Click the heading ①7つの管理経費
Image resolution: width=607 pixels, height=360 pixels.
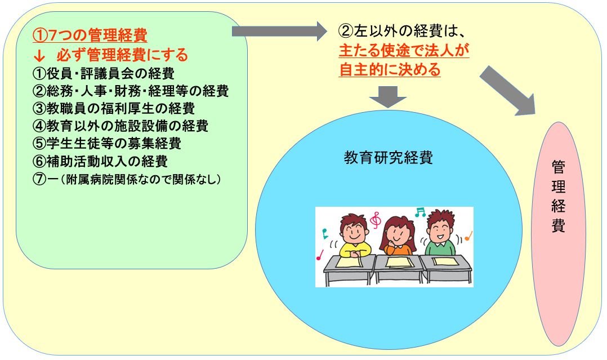pos(90,35)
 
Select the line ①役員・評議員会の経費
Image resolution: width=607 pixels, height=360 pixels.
pos(104,73)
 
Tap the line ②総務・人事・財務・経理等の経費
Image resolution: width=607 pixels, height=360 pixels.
pos(131,91)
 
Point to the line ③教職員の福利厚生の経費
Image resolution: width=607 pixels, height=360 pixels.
pos(113,108)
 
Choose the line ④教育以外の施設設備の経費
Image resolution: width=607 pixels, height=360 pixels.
pos(120,126)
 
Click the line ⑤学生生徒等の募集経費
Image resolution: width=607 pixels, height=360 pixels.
pos(107,143)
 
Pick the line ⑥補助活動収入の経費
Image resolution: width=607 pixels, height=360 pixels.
pos(100,161)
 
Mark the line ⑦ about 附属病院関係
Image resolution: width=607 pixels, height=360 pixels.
pos(127,179)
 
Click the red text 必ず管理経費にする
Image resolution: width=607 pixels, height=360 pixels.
pos(122,55)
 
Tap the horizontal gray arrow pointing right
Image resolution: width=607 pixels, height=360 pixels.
pos(279,31)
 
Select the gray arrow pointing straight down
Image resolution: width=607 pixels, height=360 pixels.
pos(388,96)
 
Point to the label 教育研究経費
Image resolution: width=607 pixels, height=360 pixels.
pos(389,157)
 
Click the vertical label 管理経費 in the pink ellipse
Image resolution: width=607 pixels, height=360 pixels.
pos(558,196)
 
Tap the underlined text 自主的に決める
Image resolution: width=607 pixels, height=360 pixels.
pos(390,70)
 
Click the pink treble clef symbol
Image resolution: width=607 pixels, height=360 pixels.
pos(375,220)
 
